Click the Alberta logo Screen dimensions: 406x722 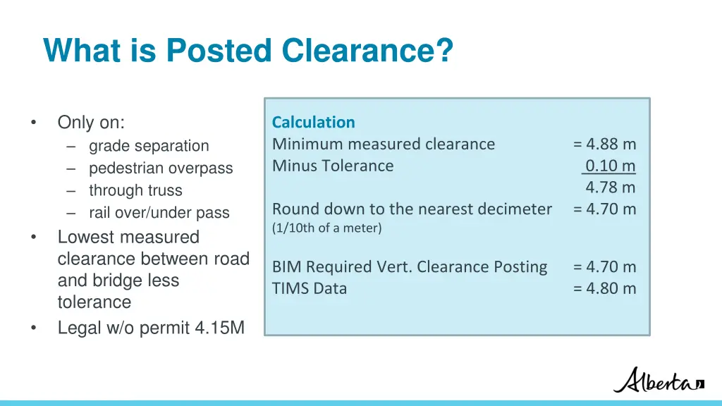pyautogui.click(x=659, y=380)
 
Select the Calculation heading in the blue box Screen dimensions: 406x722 pyautogui.click(x=314, y=122)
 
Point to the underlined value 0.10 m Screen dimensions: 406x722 pyautogui.click(x=610, y=166)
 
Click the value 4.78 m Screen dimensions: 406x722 pyautogui.click(x=610, y=187)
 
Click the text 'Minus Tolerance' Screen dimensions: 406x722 pyautogui.click(x=333, y=166)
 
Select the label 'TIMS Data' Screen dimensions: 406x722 pyautogui.click(x=310, y=288)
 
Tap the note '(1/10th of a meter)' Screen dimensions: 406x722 pyautogui.click(x=327, y=228)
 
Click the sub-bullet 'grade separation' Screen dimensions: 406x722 pyautogui.click(x=149, y=146)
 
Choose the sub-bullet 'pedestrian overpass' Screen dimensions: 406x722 pyautogui.click(x=161, y=168)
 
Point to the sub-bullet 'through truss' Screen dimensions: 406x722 pyautogui.click(x=135, y=190)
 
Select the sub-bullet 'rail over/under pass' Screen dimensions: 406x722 pyautogui.click(x=159, y=213)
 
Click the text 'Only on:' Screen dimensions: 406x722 pyautogui.click(x=91, y=123)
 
